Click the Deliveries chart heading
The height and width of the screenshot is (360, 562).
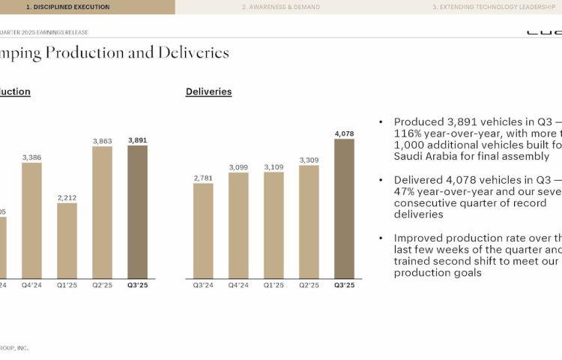click(208, 91)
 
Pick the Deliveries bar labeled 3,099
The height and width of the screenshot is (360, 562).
click(238, 225)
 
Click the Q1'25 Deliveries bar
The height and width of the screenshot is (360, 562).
click(274, 225)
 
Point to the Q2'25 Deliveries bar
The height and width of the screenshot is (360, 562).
click(309, 222)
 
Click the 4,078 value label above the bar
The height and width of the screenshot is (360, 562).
click(344, 133)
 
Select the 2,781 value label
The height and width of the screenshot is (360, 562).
click(203, 178)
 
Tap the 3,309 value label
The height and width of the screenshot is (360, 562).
click(309, 160)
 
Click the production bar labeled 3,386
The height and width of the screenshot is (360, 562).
click(32, 220)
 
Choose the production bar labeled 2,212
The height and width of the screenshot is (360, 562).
click(67, 241)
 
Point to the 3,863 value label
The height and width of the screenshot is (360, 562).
click(103, 141)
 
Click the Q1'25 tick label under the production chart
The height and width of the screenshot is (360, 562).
click(67, 285)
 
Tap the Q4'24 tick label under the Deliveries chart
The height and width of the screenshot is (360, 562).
click(238, 285)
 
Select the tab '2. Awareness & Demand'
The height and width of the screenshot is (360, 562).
click(280, 7)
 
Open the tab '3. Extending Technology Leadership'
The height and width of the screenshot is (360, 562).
click(487, 7)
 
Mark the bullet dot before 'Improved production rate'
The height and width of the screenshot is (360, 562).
click(381, 238)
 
